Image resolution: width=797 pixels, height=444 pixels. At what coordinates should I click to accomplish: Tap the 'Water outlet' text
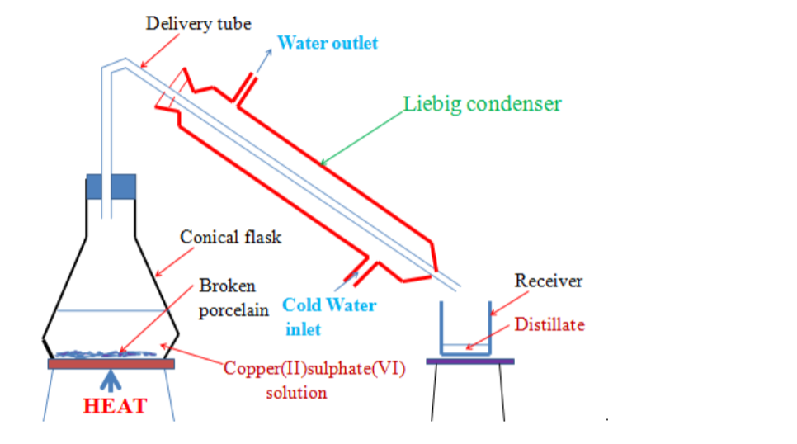(x=328, y=43)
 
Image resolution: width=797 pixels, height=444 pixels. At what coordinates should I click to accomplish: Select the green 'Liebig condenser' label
(x=483, y=104)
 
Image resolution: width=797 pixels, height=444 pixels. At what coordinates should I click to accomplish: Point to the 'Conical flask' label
(x=231, y=238)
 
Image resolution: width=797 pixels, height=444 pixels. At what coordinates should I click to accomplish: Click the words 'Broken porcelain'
(x=228, y=298)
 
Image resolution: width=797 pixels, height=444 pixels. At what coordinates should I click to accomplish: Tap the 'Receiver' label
(x=549, y=281)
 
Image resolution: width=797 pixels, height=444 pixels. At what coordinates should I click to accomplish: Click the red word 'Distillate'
(x=549, y=324)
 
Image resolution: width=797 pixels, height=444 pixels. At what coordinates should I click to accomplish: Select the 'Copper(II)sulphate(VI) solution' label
(x=314, y=380)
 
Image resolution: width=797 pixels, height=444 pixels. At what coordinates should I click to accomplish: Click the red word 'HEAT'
(x=115, y=406)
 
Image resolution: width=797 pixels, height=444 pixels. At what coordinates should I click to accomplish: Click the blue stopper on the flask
(x=111, y=187)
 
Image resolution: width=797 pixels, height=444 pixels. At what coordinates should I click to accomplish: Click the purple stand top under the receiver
(x=470, y=361)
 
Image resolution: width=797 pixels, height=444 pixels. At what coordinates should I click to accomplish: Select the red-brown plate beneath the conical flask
(x=111, y=363)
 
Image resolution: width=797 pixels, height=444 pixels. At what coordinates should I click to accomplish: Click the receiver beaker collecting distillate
(x=465, y=330)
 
